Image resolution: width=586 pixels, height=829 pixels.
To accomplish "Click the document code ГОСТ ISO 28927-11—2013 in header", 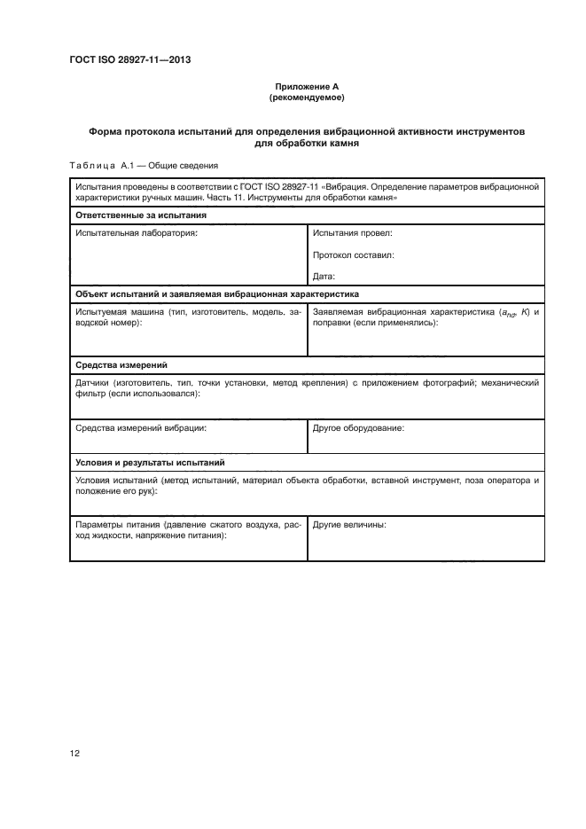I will [129, 60].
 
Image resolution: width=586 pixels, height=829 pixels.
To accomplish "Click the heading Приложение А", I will [293, 86].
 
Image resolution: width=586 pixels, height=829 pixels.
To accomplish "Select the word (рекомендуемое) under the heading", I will [293, 97].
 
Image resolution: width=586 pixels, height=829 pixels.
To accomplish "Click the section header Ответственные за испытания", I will [141, 215].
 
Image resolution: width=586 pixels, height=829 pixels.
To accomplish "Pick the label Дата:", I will [324, 276].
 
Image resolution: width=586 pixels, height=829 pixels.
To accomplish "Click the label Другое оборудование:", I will [358, 427].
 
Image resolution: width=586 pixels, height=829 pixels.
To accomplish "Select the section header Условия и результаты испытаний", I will [150, 463].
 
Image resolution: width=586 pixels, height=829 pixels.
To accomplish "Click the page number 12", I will [74, 754].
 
